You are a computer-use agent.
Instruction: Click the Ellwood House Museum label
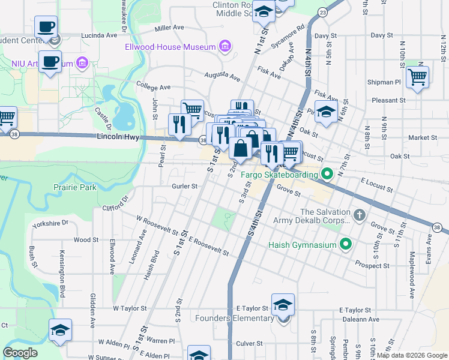[170, 47]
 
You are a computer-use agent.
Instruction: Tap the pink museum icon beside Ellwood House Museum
[225, 46]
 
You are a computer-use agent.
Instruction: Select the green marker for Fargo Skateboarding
[327, 175]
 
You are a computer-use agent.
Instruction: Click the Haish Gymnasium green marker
[345, 244]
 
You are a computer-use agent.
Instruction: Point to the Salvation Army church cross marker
[359, 215]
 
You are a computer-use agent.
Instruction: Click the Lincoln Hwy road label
[118, 137]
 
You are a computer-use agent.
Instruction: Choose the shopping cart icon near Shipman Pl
[417, 76]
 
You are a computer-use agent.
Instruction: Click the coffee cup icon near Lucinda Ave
[46, 27]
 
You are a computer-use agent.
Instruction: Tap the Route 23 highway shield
[323, 12]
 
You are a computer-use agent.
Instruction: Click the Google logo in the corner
[20, 352]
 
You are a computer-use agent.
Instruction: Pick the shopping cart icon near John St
[192, 109]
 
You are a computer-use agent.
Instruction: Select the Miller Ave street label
[169, 28]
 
